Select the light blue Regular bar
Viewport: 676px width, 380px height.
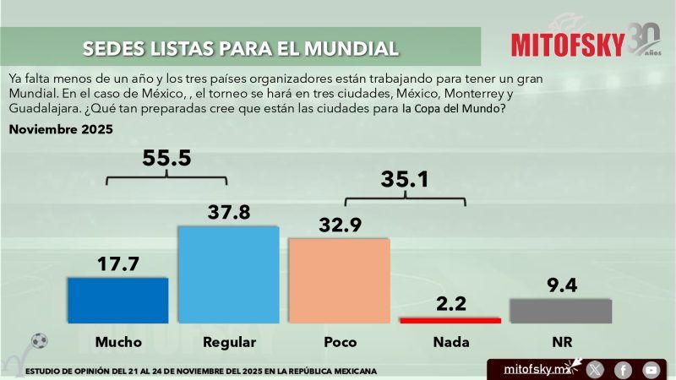point(227,274)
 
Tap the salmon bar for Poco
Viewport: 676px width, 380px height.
point(339,280)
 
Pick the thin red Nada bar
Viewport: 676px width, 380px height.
point(450,320)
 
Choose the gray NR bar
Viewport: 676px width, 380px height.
point(560,310)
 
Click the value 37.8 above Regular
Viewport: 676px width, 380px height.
point(228,212)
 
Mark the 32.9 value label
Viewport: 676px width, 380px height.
point(340,224)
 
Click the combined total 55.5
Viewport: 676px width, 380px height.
point(167,158)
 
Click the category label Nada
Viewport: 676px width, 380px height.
point(450,342)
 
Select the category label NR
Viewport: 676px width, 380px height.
point(561,342)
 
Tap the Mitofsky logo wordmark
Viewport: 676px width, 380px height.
point(568,43)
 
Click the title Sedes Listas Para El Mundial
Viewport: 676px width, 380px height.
point(241,48)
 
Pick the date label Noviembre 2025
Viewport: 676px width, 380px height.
point(61,130)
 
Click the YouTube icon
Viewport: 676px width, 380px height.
point(651,369)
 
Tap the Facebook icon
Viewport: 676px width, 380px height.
point(623,369)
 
